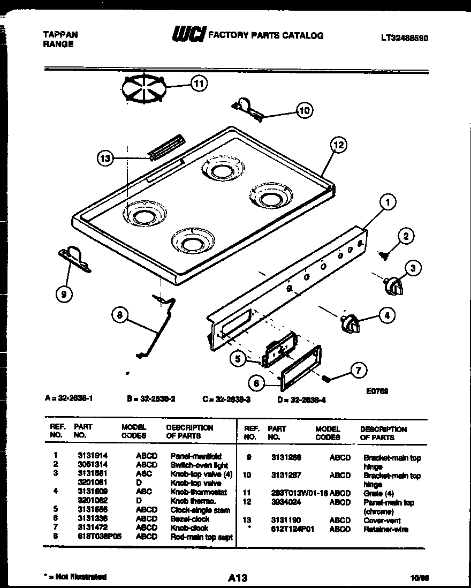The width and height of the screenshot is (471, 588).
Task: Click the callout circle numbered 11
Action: click(199, 83)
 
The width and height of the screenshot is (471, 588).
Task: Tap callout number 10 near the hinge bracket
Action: click(304, 111)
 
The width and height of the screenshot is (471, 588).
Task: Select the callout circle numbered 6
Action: click(257, 382)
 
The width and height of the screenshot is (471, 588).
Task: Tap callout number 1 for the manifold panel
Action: click(388, 202)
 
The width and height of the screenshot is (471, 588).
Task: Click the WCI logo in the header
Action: click(187, 35)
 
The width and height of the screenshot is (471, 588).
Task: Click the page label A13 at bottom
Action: click(237, 578)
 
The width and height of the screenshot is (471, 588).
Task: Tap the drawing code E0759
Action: click(378, 391)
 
